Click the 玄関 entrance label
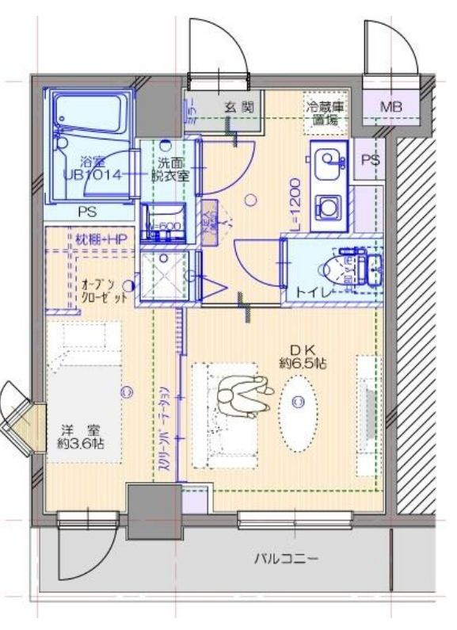click(x=237, y=106)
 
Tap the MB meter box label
click(x=390, y=107)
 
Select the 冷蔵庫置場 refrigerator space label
click(x=325, y=113)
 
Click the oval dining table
click(x=299, y=403)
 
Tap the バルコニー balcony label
click(x=286, y=559)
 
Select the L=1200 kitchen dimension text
click(x=294, y=205)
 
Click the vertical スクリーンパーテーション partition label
click(x=163, y=428)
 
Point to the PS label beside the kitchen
click(x=369, y=159)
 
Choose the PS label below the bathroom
click(x=88, y=212)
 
